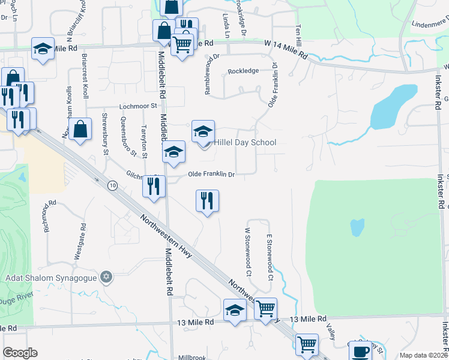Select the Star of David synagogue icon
106,276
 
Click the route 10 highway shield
112,185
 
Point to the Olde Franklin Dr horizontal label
211,175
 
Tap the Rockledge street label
243,71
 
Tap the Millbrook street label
192,356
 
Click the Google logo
20,353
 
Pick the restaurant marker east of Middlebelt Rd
207,201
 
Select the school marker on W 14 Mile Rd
43,50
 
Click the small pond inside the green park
357,227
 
